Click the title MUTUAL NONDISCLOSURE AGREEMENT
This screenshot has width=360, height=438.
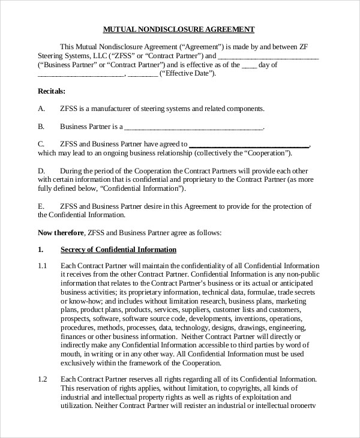pyautogui.click(x=179, y=29)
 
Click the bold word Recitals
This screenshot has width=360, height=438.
pyautogui.click(x=52, y=91)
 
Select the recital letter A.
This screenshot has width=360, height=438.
pyautogui.click(x=41, y=109)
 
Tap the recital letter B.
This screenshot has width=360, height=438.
pyautogui.click(x=41, y=127)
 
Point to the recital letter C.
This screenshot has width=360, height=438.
pyautogui.click(x=41, y=144)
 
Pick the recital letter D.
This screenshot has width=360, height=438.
pyautogui.click(x=41, y=170)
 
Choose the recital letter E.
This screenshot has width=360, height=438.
pyautogui.click(x=41, y=206)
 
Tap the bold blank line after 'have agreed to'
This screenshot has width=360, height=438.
pyautogui.click(x=249, y=145)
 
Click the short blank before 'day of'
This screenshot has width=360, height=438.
pyautogui.click(x=250, y=65)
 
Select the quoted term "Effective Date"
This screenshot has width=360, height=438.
pyautogui.click(x=187, y=74)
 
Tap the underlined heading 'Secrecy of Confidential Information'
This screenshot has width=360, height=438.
pyautogui.click(x=119, y=250)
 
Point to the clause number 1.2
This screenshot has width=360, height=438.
pyautogui.click(x=42, y=380)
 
